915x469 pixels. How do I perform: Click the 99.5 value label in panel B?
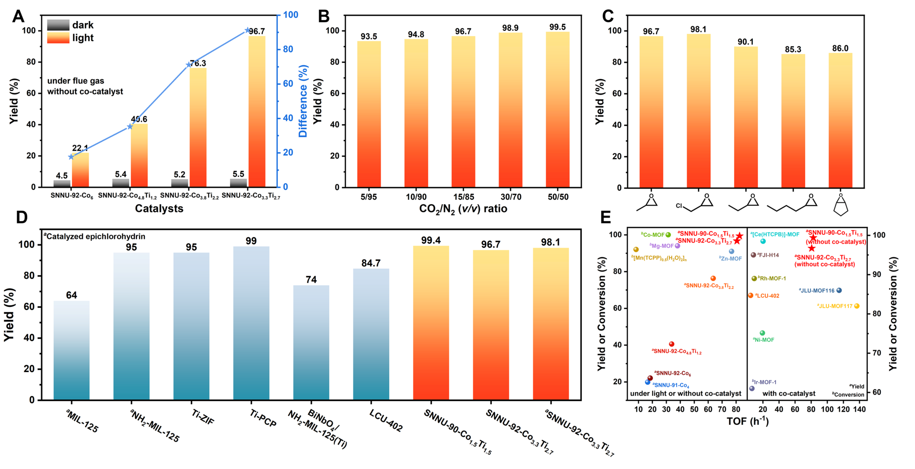tap(558, 27)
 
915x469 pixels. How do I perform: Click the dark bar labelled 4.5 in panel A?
tap(62, 183)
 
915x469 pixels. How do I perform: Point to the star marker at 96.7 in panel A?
tap(247, 30)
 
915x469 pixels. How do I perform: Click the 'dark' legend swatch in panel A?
tap(58, 25)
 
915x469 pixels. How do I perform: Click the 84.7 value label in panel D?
tap(371, 263)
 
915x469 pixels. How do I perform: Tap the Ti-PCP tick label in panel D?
tap(263, 418)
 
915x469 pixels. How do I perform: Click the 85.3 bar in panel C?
tap(793, 121)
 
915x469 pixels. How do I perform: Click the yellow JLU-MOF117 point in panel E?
tap(857, 306)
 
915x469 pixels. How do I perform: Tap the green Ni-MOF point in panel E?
tap(763, 333)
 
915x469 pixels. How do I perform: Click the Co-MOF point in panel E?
tap(668, 235)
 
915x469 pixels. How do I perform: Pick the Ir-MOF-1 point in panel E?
tap(752, 389)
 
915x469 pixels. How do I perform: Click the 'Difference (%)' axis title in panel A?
tap(303, 101)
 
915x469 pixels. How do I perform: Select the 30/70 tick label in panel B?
tap(510, 197)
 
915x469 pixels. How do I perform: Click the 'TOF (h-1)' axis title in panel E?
tap(747, 421)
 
